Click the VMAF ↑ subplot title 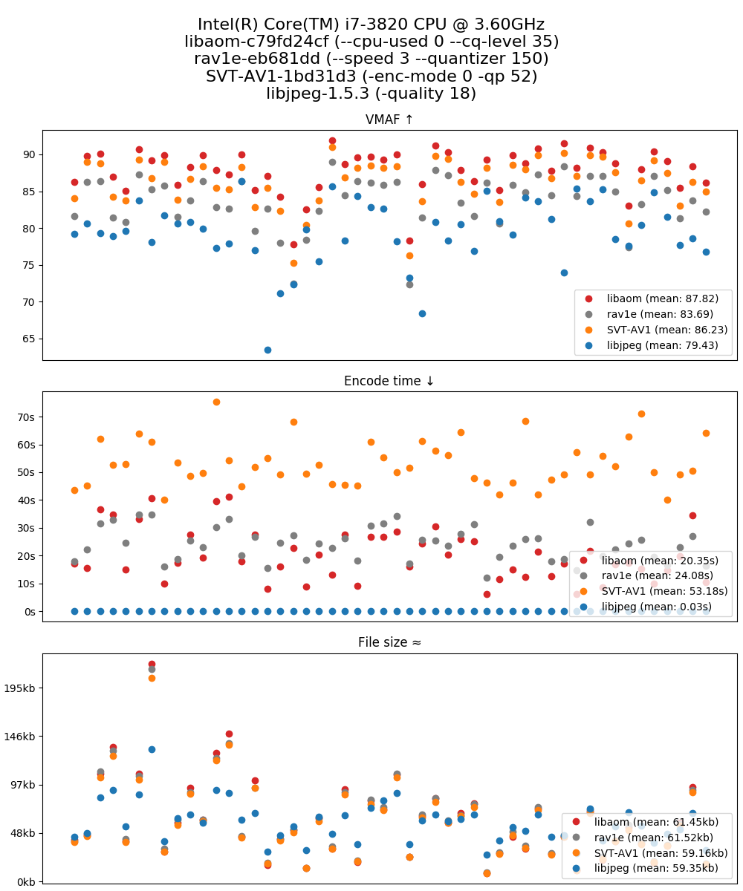click(x=389, y=120)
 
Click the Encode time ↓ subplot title click(x=389, y=382)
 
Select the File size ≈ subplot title click(x=389, y=643)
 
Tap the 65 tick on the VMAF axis click(x=28, y=339)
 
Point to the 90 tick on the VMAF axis click(x=28, y=154)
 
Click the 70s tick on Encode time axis click(x=27, y=417)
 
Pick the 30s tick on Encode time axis click(x=27, y=528)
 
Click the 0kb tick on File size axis click(x=27, y=881)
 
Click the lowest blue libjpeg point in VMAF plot click(x=267, y=350)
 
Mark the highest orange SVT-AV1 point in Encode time click(x=216, y=402)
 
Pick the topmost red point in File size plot click(x=152, y=664)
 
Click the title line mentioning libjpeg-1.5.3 click(x=371, y=94)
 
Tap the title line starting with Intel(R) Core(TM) click(x=371, y=25)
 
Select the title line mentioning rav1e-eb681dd click(x=371, y=59)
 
